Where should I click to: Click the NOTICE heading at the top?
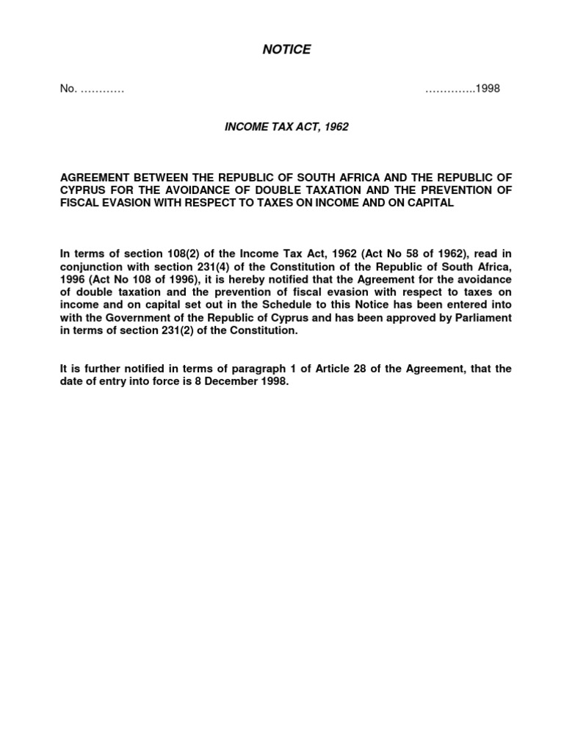(x=286, y=50)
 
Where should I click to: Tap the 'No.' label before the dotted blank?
(x=68, y=89)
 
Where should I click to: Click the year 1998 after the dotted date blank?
(x=488, y=89)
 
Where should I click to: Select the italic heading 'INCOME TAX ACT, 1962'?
(x=286, y=127)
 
